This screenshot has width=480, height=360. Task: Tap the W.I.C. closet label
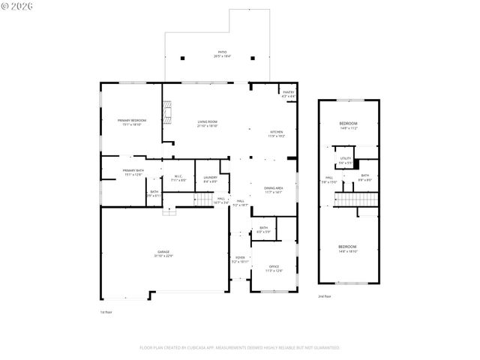[178, 178]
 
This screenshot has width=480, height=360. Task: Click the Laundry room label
[210, 178]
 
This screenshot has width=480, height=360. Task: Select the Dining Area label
[273, 190]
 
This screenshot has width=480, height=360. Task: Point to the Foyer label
[240, 259]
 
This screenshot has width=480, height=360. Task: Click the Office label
[274, 268]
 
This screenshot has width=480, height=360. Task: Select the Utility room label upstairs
[345, 160]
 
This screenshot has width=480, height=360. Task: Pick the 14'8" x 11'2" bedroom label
[347, 125]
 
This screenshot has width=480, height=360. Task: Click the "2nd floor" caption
[325, 296]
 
